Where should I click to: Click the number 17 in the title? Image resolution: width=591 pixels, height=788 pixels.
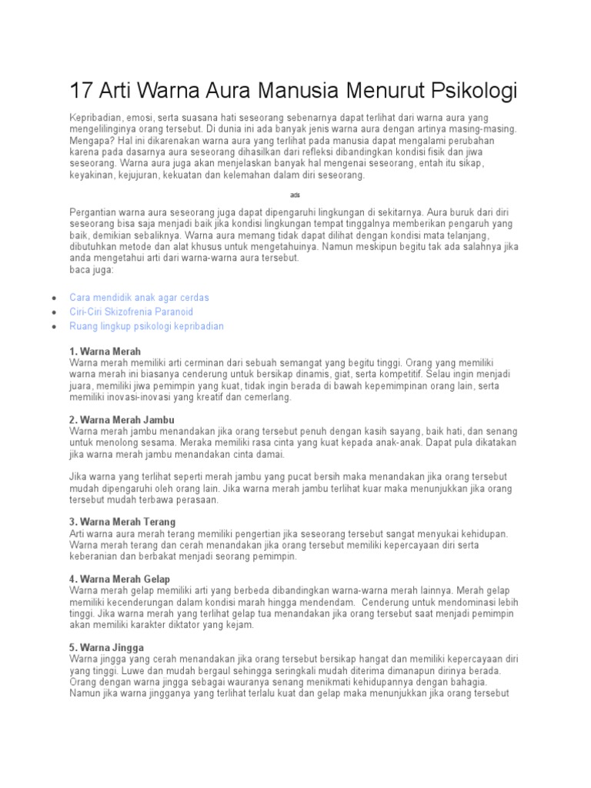tap(82, 91)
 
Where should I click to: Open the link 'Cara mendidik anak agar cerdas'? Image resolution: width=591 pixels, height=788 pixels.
tap(139, 297)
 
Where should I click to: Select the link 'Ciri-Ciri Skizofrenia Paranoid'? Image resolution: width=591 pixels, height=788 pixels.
tap(132, 312)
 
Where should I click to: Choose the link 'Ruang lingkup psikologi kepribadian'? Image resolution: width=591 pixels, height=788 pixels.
tap(147, 326)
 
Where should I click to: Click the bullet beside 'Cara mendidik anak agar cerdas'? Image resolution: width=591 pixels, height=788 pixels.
tap(52, 298)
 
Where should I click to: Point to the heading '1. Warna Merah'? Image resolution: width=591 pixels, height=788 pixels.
tap(105, 352)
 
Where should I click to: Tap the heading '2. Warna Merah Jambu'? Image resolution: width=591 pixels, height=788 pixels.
tap(122, 420)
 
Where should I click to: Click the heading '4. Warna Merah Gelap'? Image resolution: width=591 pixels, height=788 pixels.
tap(119, 579)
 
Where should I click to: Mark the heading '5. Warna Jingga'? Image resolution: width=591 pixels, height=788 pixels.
tap(106, 648)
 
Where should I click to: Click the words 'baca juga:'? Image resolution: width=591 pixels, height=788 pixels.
tap(92, 270)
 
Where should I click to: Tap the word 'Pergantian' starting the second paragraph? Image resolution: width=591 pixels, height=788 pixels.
tap(93, 212)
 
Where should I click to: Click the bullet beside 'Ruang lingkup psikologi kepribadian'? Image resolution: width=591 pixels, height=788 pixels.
tap(52, 327)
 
